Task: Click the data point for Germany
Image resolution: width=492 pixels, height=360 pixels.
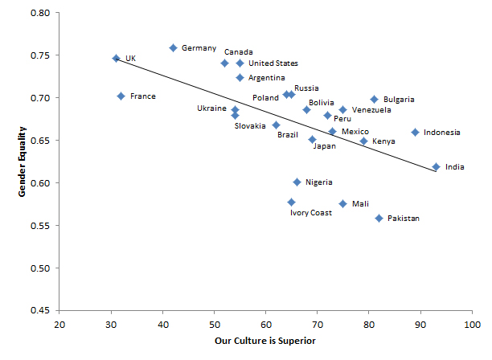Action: (x=173, y=48)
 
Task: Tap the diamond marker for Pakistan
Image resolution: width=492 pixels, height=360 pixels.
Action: (x=379, y=218)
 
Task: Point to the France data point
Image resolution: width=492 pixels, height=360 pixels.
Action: (x=121, y=96)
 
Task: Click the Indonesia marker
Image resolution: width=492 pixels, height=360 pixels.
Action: (x=416, y=132)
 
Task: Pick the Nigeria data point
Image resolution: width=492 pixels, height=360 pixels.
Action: (x=297, y=182)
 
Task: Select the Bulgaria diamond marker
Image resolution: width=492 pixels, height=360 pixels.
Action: (x=374, y=100)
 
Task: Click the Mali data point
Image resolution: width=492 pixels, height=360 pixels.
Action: (x=343, y=203)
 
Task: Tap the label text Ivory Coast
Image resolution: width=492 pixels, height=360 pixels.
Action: (x=311, y=213)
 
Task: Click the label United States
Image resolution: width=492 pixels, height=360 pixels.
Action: (x=273, y=63)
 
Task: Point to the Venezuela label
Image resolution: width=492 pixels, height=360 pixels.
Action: (x=371, y=110)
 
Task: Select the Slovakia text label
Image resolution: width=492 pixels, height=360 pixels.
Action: (x=250, y=125)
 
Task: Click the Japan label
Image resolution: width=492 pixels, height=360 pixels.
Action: (x=324, y=146)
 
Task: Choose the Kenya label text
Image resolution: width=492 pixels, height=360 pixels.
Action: (x=383, y=141)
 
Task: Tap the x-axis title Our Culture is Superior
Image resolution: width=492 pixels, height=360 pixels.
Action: (x=265, y=342)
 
